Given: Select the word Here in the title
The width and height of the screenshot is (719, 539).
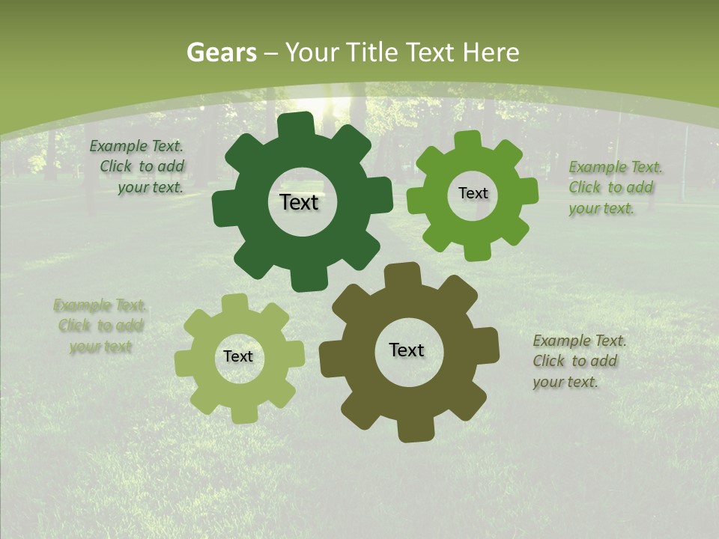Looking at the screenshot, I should [x=491, y=52].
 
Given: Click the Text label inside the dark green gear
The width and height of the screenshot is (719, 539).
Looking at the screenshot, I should [x=299, y=202].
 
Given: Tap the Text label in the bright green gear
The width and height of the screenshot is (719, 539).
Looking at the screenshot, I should [x=473, y=193].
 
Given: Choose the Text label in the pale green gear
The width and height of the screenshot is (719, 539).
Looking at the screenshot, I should [x=238, y=356].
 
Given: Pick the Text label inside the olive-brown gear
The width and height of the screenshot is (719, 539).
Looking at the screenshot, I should [x=407, y=350].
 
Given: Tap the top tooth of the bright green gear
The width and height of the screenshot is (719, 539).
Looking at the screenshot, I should [x=467, y=141].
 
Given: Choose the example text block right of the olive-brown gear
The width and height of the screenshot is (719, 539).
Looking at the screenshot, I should [x=577, y=361].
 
